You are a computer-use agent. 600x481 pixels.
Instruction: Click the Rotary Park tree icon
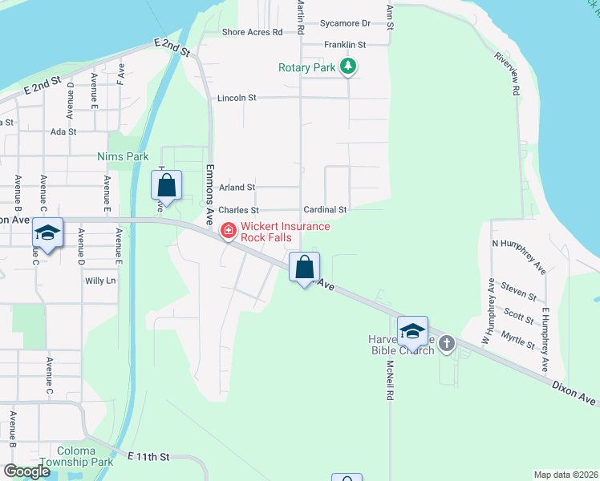point(347,67)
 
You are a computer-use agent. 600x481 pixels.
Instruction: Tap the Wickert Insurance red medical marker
point(229,232)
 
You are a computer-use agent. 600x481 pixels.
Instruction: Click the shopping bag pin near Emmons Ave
point(166,187)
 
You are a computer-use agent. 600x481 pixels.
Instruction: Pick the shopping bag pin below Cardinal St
point(304,268)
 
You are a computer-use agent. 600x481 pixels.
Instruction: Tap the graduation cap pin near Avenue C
point(47,234)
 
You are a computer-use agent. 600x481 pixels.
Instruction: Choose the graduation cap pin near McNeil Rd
point(412,330)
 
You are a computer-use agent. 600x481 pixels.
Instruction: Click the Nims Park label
point(119,156)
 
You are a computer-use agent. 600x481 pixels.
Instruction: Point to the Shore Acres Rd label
point(253,32)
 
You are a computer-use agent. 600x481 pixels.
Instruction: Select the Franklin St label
point(345,45)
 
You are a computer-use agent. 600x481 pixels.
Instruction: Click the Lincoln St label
point(237,98)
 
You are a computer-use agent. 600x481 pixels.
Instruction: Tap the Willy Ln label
point(100,281)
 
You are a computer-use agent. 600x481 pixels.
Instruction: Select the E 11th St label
point(149,456)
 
